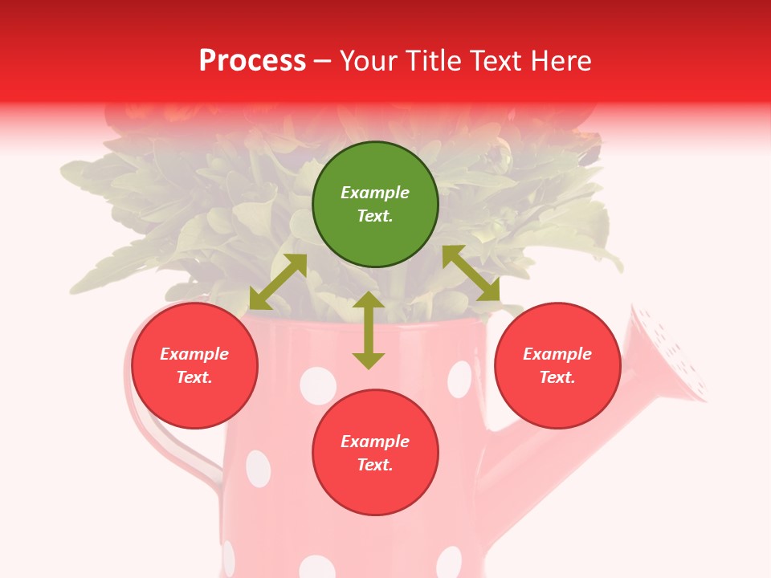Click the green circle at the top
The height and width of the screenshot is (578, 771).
(x=375, y=205)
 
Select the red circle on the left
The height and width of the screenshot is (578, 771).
(x=194, y=366)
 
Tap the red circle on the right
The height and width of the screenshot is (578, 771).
(x=557, y=366)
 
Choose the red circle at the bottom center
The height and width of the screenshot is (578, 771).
(x=375, y=453)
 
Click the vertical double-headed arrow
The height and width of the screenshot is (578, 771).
(x=369, y=330)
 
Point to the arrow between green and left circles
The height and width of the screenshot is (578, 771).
(x=278, y=282)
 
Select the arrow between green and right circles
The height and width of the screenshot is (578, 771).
(x=471, y=273)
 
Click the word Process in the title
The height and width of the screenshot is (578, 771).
(x=252, y=60)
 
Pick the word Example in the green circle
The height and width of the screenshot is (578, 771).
(x=375, y=193)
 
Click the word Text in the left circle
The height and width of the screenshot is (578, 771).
(x=194, y=377)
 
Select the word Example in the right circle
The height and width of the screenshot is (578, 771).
(x=557, y=354)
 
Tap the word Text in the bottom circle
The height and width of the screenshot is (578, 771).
(x=374, y=465)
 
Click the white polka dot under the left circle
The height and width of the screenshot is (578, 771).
(x=258, y=469)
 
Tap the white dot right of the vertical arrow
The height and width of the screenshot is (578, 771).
(x=460, y=379)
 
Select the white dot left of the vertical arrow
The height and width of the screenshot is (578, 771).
(x=317, y=385)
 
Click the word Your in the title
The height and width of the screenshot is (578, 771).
(x=371, y=60)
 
